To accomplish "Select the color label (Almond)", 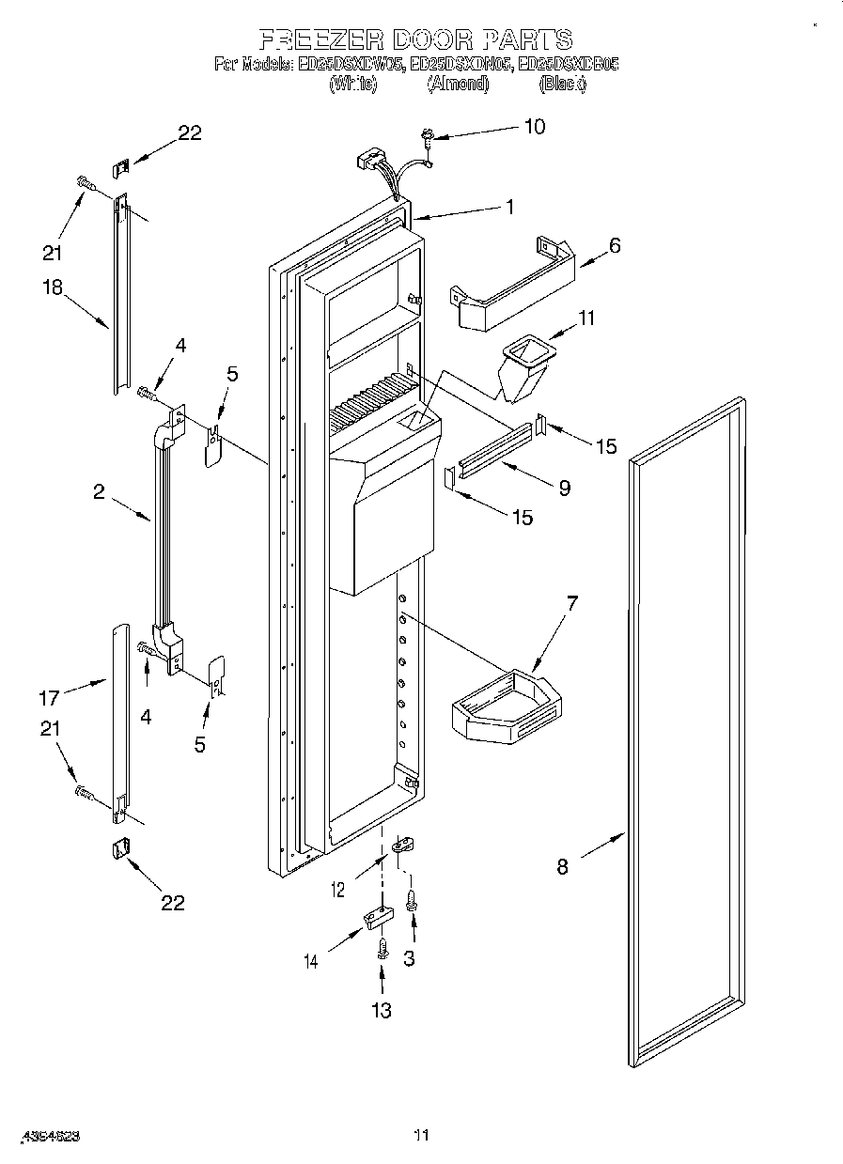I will (458, 84).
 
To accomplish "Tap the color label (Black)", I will (562, 84).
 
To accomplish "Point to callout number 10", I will (534, 127).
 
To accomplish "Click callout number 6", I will (615, 245).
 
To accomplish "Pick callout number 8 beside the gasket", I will (562, 866).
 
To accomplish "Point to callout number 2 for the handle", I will (99, 491).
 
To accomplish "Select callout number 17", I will (49, 697).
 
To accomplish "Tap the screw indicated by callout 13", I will (382, 949).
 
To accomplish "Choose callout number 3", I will (409, 958).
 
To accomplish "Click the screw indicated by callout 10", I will (429, 138).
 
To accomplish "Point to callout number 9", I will (563, 488).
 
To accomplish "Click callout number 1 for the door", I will (509, 208).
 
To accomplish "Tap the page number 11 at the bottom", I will (422, 1135).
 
